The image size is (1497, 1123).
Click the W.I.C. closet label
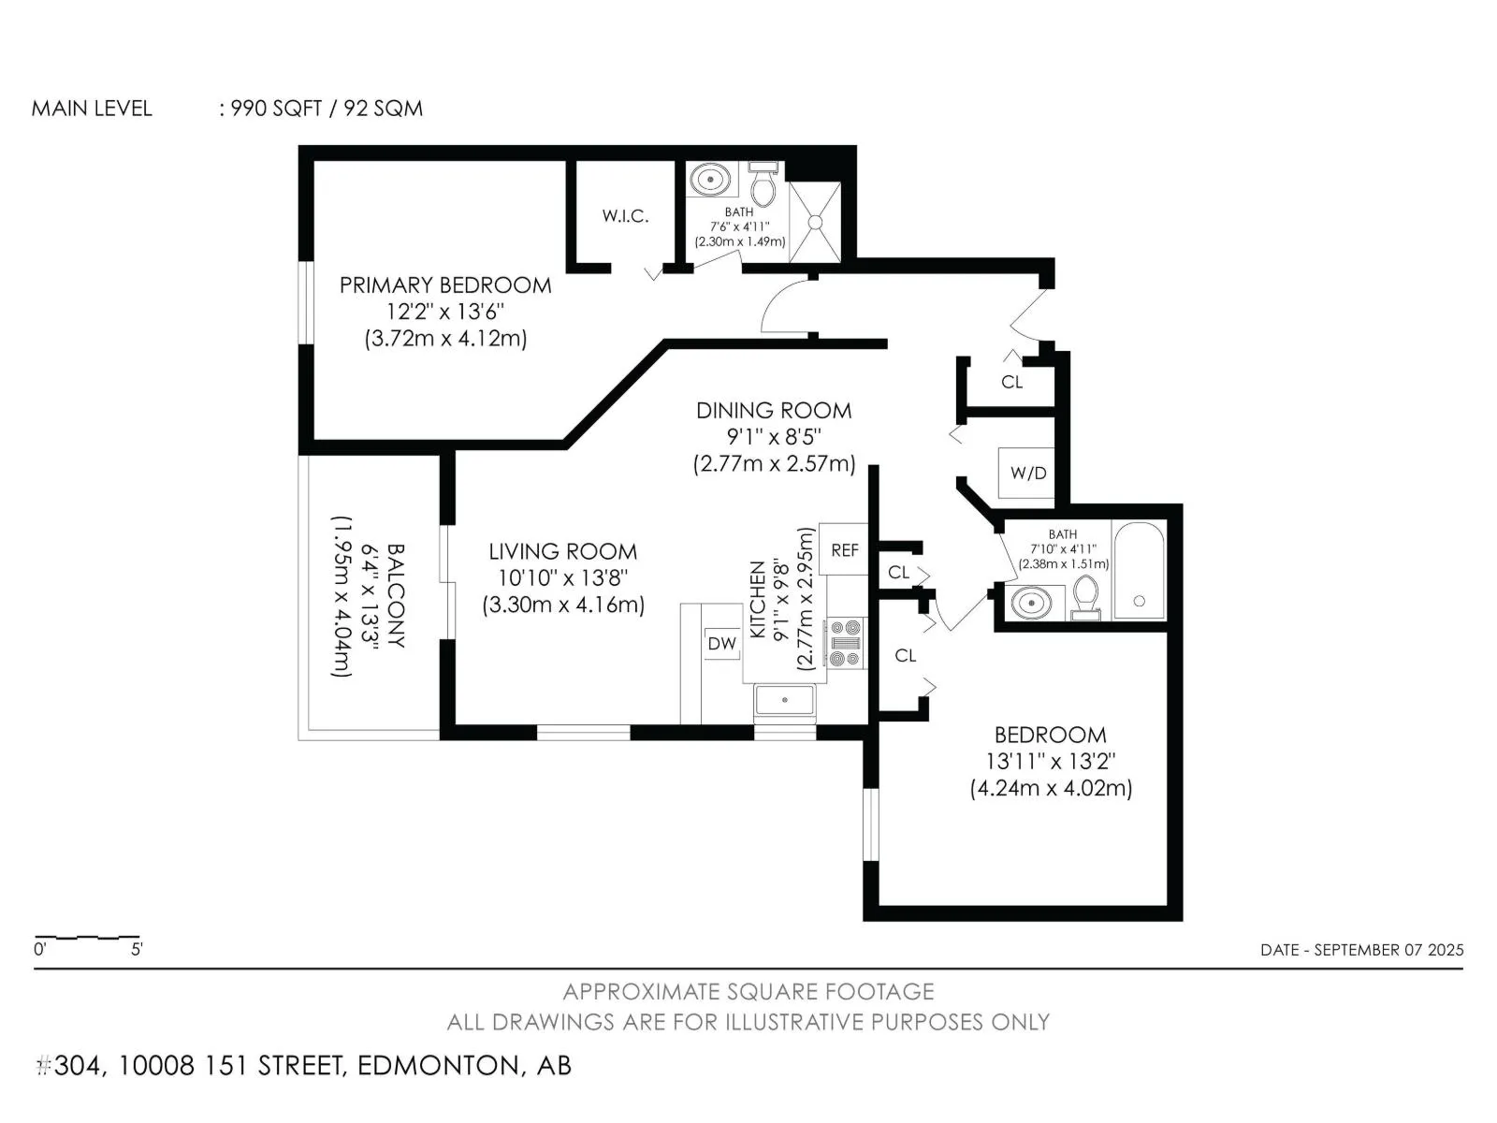tap(625, 216)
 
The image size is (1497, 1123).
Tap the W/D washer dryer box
tap(1027, 473)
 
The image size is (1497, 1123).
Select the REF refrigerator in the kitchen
tap(844, 549)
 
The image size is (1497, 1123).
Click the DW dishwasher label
tap(721, 643)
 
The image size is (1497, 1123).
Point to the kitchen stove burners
tap(845, 642)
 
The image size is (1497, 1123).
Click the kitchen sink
tap(784, 700)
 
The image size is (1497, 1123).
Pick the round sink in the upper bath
tap(710, 180)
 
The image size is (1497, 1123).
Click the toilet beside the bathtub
tap(1085, 597)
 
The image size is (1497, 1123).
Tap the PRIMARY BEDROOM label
tap(445, 285)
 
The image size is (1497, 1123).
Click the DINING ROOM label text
tap(774, 411)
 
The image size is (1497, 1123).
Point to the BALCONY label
tap(396, 595)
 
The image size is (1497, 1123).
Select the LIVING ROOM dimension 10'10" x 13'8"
tap(562, 578)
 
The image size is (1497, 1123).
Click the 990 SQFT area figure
tap(275, 109)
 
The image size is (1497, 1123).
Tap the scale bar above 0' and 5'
tap(87, 938)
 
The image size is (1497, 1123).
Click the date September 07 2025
tap(1388, 950)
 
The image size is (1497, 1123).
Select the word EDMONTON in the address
tap(438, 1066)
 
